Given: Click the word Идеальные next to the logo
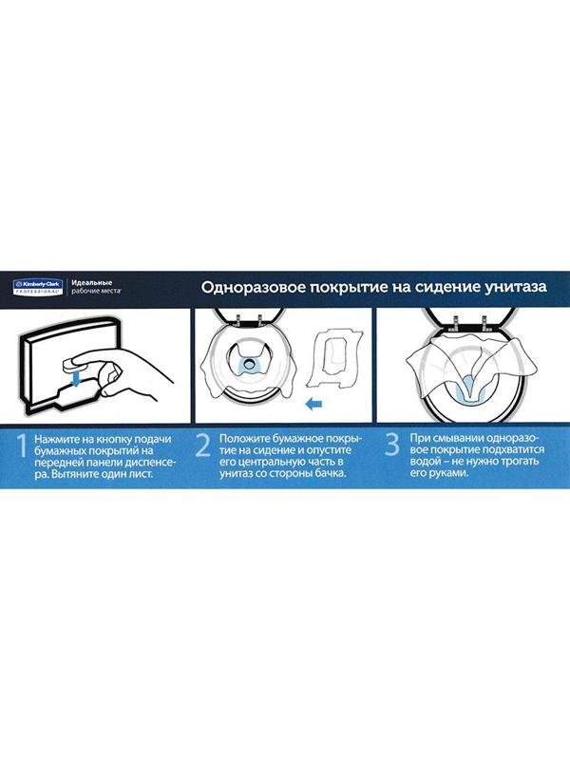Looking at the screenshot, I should point(93,281).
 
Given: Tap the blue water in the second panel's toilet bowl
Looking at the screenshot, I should point(250,364).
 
